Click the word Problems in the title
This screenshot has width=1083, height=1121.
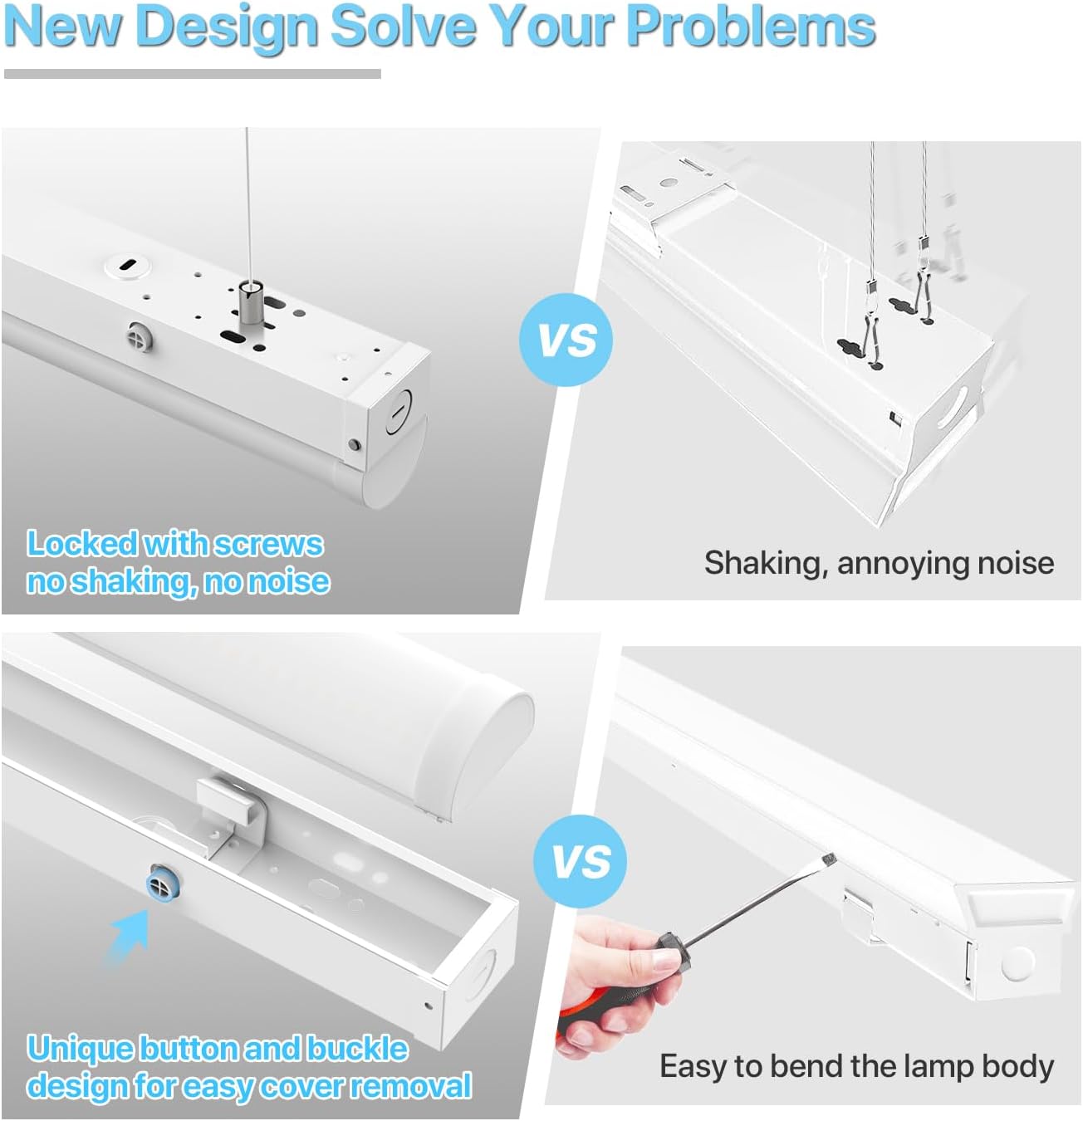(751, 27)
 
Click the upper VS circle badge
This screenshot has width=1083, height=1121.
(566, 340)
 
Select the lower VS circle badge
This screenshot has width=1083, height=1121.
(580, 861)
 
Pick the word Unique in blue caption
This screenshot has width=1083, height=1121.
(80, 1049)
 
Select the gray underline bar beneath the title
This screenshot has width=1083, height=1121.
(193, 74)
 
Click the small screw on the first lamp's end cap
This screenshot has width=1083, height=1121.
(354, 444)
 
